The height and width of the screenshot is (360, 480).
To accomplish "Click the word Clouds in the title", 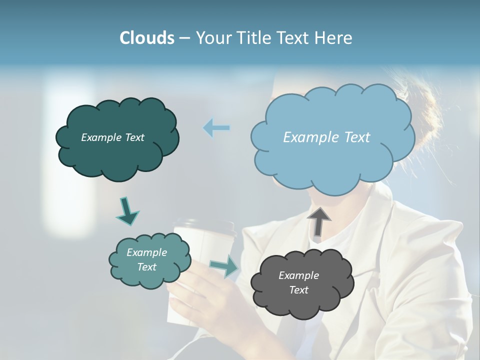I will pos(146,38).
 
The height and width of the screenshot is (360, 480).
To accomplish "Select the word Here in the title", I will pos(333,38).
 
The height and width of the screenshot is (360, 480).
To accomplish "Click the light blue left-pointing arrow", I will pos(216,128).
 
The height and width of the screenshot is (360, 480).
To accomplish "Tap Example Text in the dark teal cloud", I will pos(112,137).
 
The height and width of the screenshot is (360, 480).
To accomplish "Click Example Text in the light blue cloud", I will pos(326,137).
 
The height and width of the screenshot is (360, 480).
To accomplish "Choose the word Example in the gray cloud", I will pos(298,275).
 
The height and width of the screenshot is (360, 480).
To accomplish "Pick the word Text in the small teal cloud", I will pos(146,267).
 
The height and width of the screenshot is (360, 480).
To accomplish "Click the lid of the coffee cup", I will pos(204,226).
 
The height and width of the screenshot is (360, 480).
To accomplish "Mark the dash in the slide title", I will pos(184,38).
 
